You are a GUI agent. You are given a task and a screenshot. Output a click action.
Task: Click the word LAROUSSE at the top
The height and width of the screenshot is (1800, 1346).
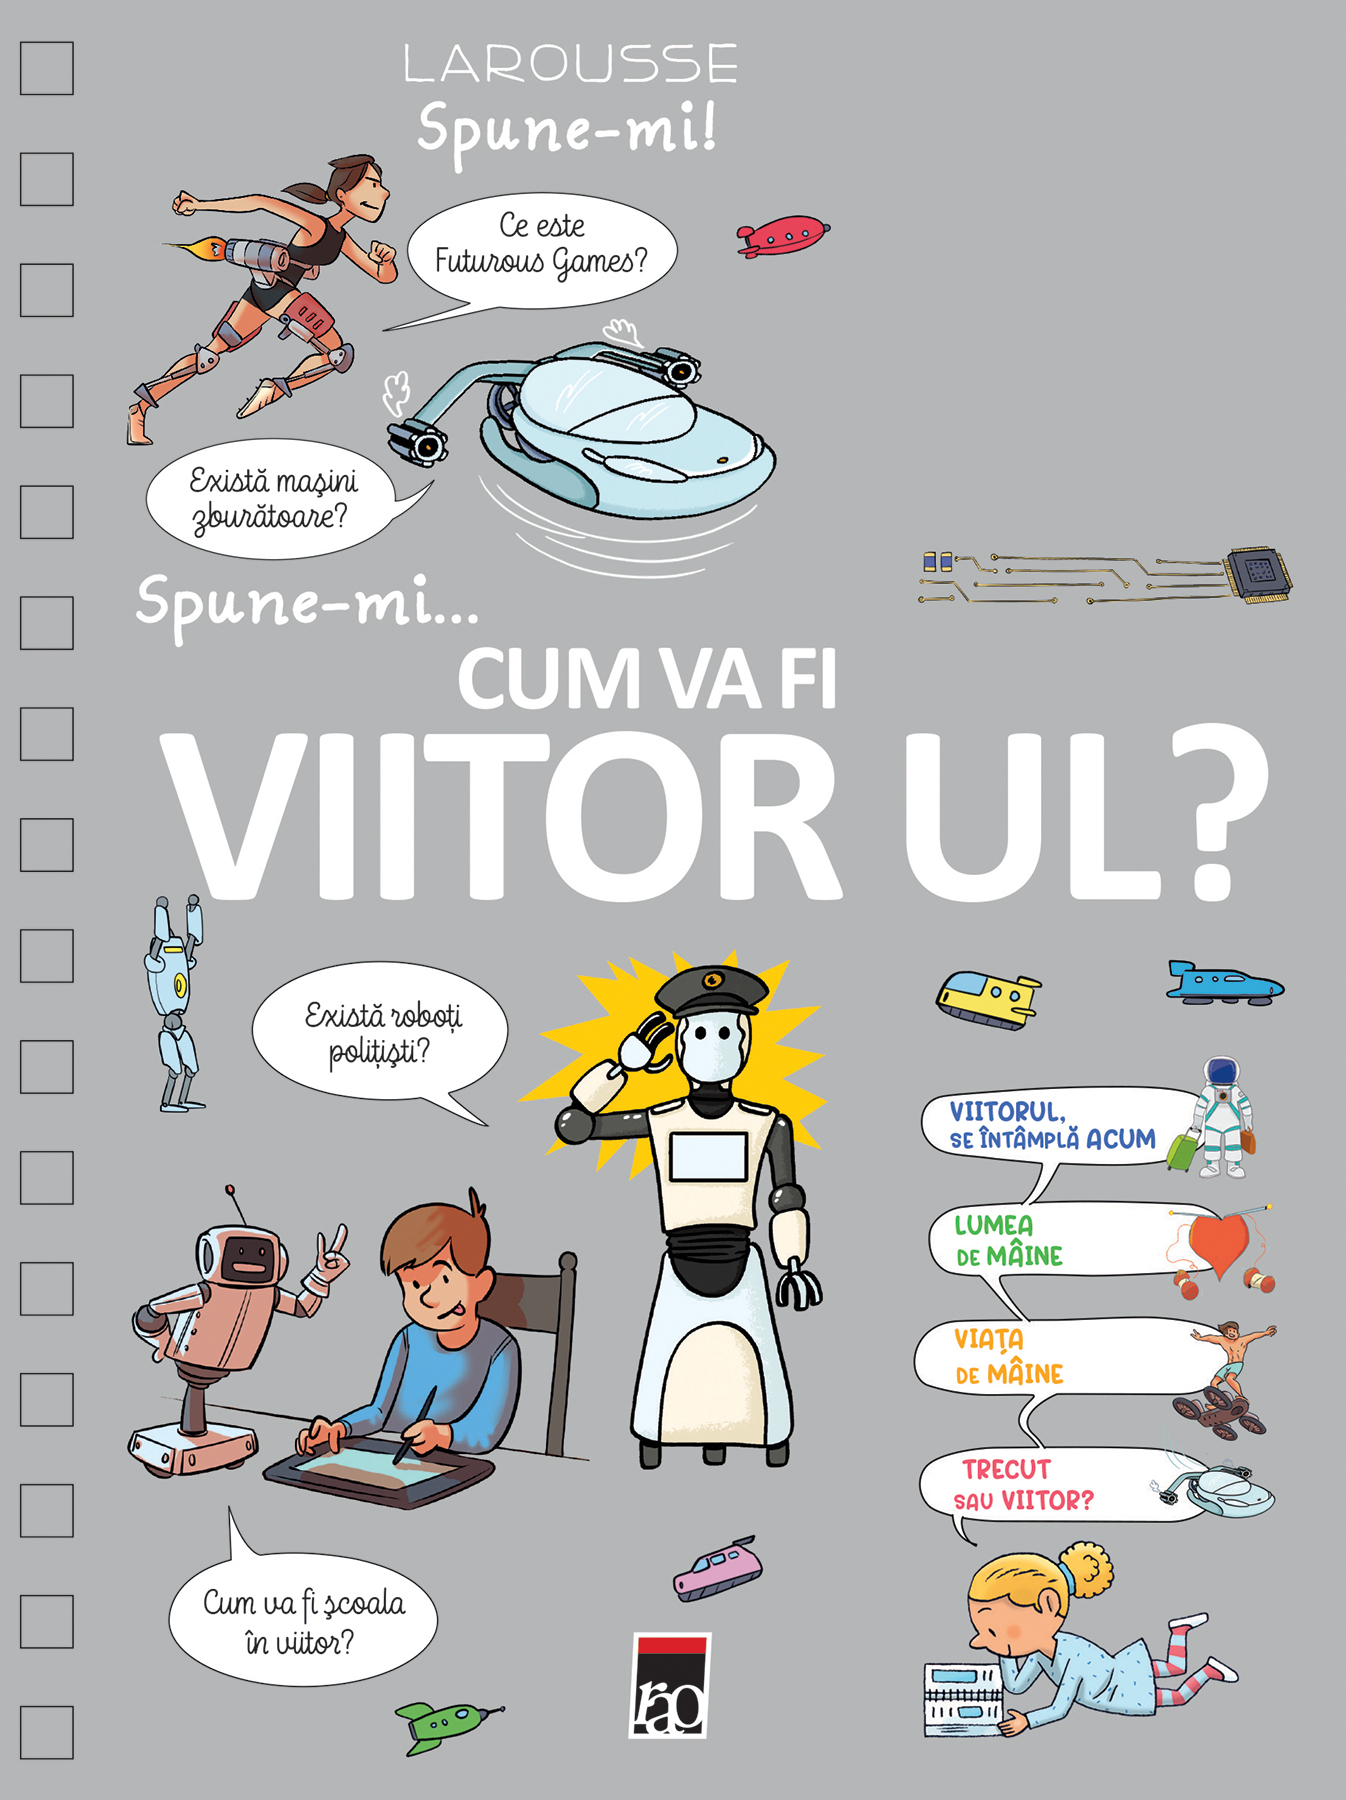click(571, 64)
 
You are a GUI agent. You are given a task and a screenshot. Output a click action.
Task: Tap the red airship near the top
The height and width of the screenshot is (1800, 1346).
click(783, 236)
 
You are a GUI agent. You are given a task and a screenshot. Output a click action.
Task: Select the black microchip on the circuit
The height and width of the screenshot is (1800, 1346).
click(1258, 573)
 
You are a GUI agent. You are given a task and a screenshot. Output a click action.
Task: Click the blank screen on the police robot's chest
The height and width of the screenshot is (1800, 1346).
click(709, 1157)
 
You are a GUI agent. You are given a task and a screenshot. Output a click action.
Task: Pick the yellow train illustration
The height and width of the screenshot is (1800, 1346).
click(988, 998)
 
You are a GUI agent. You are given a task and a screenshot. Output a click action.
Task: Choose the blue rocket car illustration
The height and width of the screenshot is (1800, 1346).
click(1224, 983)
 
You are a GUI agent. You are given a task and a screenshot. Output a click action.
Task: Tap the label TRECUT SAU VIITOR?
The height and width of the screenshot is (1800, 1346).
click(1022, 1485)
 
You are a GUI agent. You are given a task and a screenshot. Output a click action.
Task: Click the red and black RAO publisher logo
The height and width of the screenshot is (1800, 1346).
click(672, 1686)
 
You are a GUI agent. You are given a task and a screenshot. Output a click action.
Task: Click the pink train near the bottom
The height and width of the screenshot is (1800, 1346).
click(717, 1569)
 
